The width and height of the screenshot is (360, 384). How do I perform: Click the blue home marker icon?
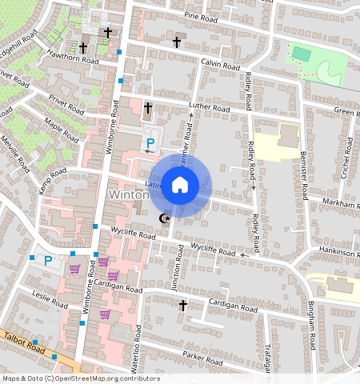coord(180,186)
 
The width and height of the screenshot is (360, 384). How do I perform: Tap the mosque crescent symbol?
coord(165,218)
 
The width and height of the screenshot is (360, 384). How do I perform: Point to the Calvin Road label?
coord(220,65)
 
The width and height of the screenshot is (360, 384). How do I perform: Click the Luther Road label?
coord(209,106)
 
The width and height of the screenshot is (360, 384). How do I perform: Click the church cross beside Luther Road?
coord(148,107)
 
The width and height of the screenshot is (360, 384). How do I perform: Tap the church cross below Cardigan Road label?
coord(182,306)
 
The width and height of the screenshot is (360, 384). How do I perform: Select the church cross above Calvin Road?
coord(176,42)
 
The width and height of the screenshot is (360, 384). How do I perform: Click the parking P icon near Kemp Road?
coord(47,260)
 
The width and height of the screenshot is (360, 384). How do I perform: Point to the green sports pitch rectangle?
coord(302,54)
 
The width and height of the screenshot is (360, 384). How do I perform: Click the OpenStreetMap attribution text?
coord(81,378)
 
